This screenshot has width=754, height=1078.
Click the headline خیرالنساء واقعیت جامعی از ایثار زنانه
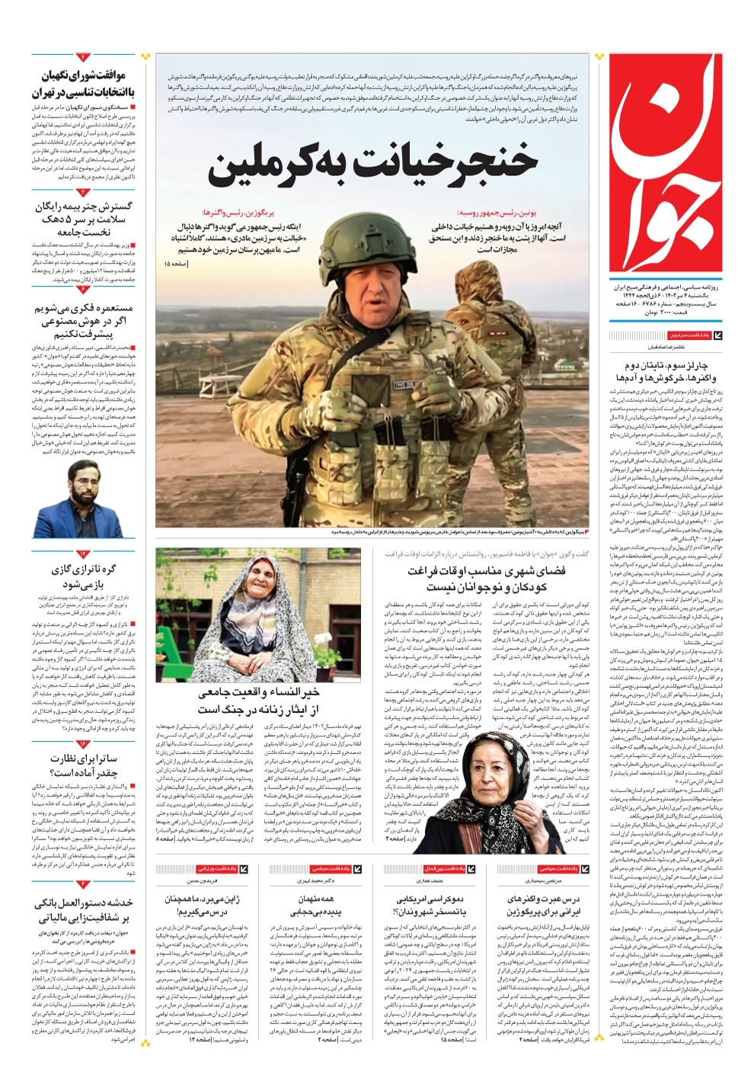[259, 701]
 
